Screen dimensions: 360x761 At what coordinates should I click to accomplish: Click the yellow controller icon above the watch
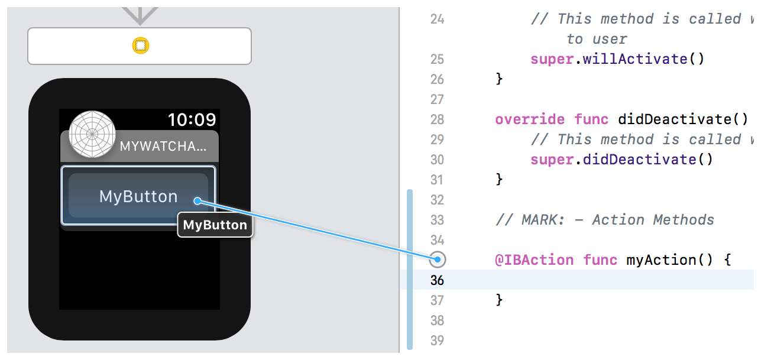(140, 46)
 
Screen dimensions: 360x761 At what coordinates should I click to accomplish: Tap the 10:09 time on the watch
(192, 120)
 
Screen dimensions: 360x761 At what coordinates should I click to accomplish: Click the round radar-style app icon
(92, 134)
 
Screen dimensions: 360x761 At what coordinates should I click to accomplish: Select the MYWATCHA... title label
(164, 147)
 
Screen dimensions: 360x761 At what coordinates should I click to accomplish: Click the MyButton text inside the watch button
(138, 196)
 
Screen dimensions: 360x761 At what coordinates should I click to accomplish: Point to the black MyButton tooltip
(215, 225)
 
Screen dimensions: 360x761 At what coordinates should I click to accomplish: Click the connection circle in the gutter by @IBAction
(437, 259)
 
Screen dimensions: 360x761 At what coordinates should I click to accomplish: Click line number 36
(437, 280)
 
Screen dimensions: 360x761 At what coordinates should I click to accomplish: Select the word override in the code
(530, 119)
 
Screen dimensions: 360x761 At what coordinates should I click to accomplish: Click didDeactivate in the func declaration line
(674, 119)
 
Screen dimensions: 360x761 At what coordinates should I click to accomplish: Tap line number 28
(437, 119)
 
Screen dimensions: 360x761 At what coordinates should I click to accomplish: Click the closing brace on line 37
(499, 300)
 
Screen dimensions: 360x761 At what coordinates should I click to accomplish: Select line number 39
(437, 340)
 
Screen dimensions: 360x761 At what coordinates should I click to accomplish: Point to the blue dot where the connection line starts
(197, 202)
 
